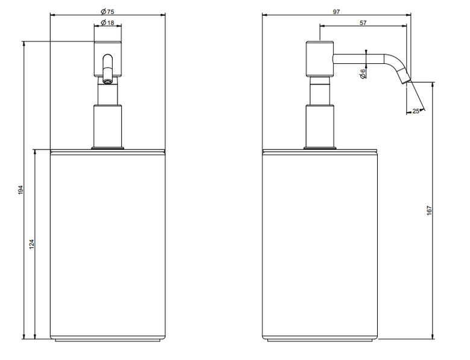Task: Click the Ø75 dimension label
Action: pos(107,11)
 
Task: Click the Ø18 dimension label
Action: pos(107,22)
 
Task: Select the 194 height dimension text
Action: pos(20,190)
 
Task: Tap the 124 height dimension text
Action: pos(32,244)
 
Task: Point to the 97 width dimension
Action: pos(336,11)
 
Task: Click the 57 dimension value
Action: pos(363,23)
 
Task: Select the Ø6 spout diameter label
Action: pos(363,74)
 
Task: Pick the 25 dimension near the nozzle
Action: pos(415,112)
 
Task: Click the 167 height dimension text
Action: pos(429,210)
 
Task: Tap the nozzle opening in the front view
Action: pos(107,81)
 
